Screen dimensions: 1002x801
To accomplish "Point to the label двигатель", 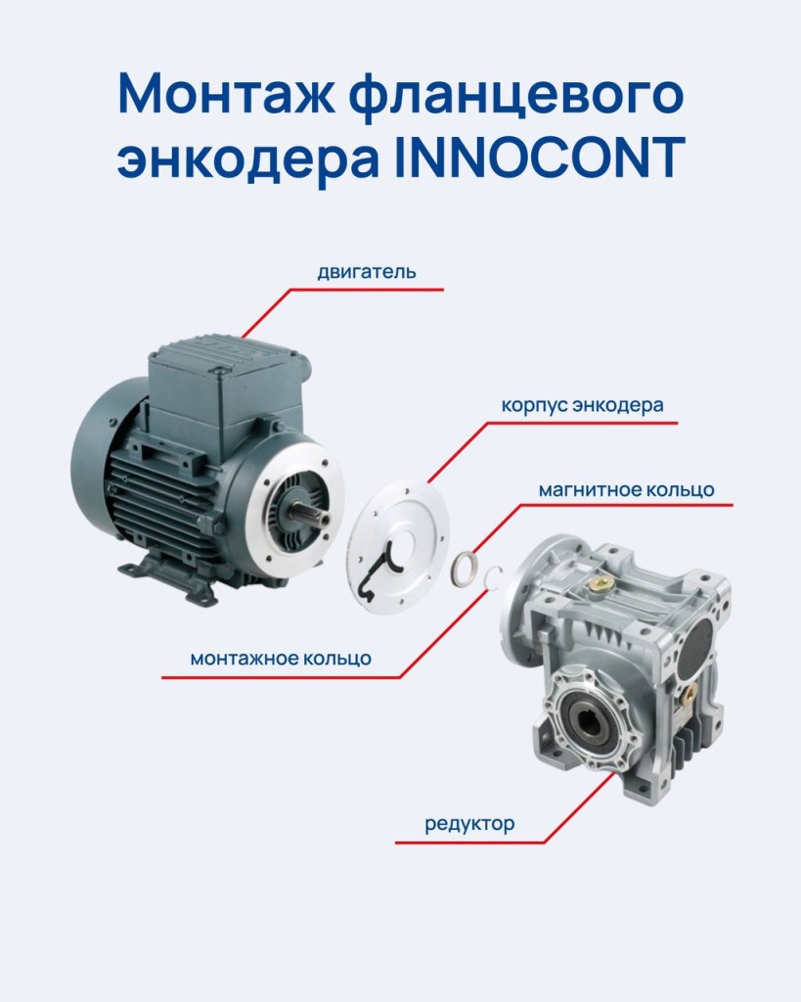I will [x=366, y=271].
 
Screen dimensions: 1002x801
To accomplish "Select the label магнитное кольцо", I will [x=626, y=488].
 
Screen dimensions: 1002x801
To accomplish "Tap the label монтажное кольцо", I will [x=281, y=659].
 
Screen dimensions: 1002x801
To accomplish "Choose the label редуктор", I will [x=469, y=824].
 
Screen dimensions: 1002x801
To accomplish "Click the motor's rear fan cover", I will [x=98, y=460].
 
